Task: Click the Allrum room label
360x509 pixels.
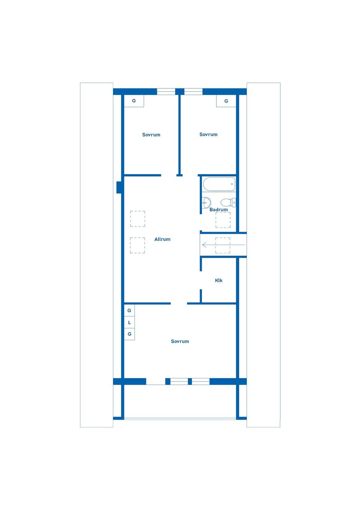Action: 162,239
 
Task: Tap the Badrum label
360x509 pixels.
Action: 218,210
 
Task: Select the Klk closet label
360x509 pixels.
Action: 219,280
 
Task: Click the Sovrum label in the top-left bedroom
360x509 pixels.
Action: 151,135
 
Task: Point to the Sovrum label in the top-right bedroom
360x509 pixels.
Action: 208,134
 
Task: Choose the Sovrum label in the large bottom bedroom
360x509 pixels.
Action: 180,341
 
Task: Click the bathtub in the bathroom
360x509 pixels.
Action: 219,184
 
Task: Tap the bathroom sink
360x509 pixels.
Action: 206,202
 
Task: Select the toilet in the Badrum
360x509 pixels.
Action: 228,202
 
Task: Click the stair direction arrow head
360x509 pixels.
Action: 204,245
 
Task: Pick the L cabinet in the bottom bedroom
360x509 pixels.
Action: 129,322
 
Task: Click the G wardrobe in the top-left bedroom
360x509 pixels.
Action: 134,101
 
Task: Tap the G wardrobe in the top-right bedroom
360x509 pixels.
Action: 226,101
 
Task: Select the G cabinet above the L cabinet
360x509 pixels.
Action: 129,310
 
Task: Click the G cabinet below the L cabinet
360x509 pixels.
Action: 129,334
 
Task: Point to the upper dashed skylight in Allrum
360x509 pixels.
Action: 138,219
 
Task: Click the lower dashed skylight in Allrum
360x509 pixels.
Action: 137,245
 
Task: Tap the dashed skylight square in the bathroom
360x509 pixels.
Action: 223,220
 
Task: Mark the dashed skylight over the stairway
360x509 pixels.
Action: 223,245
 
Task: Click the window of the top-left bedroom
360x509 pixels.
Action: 166,91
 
